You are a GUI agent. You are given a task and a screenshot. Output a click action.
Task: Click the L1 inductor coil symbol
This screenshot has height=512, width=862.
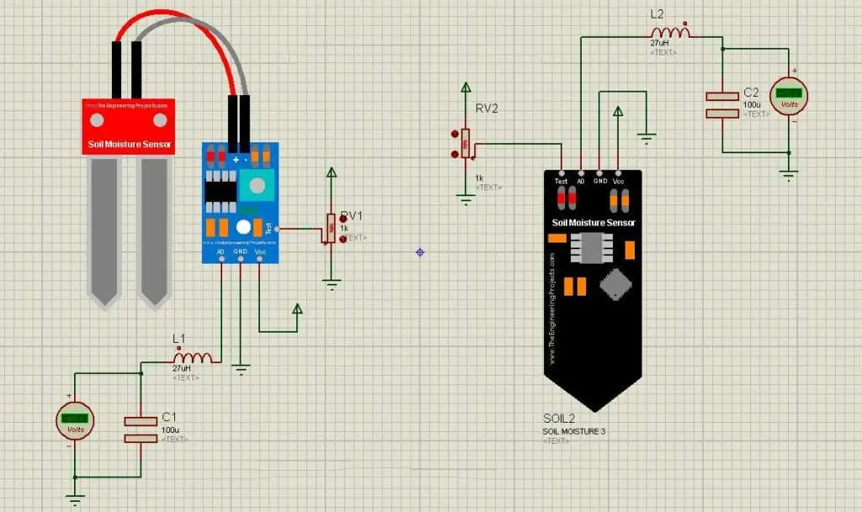click(x=191, y=358)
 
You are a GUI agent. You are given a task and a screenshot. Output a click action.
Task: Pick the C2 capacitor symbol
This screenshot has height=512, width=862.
click(x=721, y=104)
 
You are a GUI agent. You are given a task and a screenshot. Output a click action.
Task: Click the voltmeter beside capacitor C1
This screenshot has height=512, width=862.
click(x=74, y=419)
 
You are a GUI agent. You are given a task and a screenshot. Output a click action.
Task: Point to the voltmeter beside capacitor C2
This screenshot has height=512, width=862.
click(x=789, y=94)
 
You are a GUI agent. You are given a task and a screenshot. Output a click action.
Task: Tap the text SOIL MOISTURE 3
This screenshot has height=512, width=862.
click(x=573, y=431)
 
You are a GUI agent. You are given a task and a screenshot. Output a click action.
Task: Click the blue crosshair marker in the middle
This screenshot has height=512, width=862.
click(x=419, y=252)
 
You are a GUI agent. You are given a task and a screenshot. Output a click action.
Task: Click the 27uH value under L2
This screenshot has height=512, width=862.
click(x=659, y=42)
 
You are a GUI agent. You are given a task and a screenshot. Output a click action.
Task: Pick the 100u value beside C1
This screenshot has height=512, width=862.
click(x=170, y=429)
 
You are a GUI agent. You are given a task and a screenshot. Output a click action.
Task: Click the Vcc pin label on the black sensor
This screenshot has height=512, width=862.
click(x=619, y=181)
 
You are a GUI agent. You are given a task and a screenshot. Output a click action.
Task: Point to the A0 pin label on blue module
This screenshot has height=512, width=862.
click(x=220, y=251)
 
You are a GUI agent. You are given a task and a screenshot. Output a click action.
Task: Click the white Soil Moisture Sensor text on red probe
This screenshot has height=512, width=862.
click(x=130, y=145)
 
